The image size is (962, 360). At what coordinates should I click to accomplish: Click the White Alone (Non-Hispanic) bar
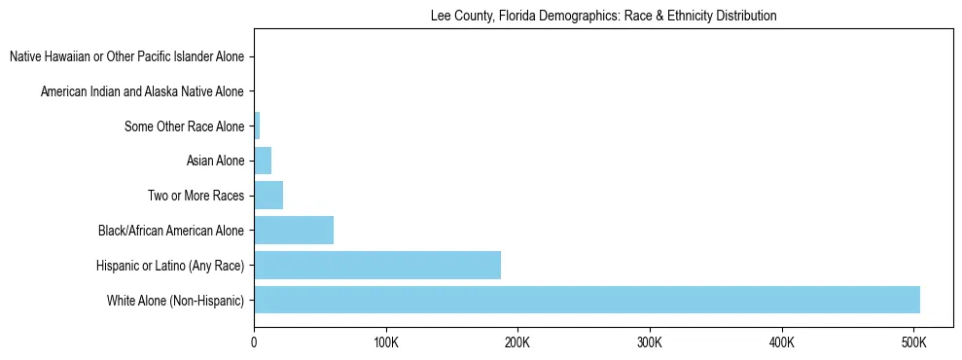click(x=587, y=300)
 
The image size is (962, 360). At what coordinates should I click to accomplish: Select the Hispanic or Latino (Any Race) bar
click(x=377, y=265)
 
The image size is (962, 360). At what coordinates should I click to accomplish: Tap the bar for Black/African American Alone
click(x=294, y=231)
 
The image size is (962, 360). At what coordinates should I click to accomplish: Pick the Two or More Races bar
click(x=268, y=196)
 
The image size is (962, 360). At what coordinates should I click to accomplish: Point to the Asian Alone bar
click(x=263, y=161)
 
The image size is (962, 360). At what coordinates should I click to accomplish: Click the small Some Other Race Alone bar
click(x=257, y=126)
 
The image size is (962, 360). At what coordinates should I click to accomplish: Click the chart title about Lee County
click(x=603, y=17)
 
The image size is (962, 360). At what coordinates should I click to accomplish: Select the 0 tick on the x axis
click(x=254, y=343)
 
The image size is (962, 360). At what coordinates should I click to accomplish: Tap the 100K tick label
click(x=386, y=343)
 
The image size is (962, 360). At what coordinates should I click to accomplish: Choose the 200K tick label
click(x=517, y=343)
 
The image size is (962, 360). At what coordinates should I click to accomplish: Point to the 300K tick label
click(x=650, y=343)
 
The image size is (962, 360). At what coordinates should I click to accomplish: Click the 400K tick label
click(x=782, y=343)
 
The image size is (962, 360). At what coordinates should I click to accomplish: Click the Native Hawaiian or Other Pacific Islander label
click(x=126, y=57)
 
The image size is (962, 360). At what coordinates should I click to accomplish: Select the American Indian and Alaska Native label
click(x=142, y=91)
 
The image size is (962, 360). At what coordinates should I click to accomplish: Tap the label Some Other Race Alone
click(x=185, y=126)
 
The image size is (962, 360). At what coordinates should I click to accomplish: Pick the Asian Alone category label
click(x=215, y=161)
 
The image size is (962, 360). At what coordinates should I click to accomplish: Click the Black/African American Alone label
click(x=171, y=231)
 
